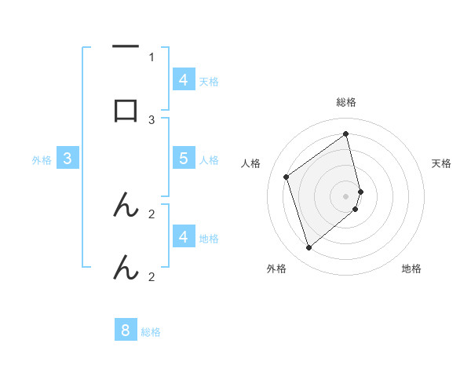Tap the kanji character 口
pyautogui.click(x=126, y=110)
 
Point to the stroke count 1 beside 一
pyautogui.click(x=152, y=57)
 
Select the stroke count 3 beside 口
pyautogui.click(x=152, y=119)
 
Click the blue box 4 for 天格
pyautogui.click(x=184, y=79)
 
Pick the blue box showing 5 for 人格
pyautogui.click(x=184, y=158)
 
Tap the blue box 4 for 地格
pyautogui.click(x=184, y=236)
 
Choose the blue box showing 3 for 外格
pyautogui.click(x=68, y=159)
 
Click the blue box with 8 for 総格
pyautogui.click(x=126, y=331)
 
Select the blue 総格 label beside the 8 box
pyautogui.click(x=151, y=332)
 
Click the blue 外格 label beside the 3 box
pyautogui.click(x=42, y=159)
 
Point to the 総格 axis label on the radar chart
pyautogui.click(x=346, y=103)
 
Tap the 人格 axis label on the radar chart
pyautogui.click(x=251, y=163)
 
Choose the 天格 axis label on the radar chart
pyautogui.click(x=441, y=163)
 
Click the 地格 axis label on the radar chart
pyautogui.click(x=411, y=269)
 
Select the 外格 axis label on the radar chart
pyautogui.click(x=276, y=269)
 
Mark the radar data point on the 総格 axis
pyautogui.click(x=346, y=133)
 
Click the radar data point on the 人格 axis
pyautogui.click(x=287, y=177)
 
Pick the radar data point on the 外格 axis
pyautogui.click(x=309, y=248)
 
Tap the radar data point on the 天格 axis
pyautogui.click(x=360, y=191)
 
